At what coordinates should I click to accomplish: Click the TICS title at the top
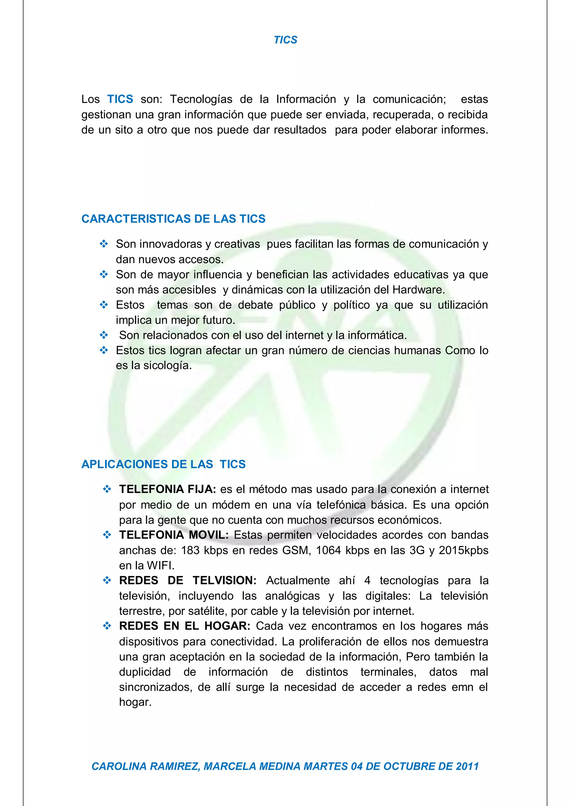(x=285, y=40)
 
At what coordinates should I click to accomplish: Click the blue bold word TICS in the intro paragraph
(x=120, y=99)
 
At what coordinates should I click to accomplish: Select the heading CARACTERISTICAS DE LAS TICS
(x=173, y=219)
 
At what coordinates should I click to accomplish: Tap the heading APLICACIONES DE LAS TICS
(x=163, y=464)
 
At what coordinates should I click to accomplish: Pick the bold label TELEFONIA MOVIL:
(x=173, y=535)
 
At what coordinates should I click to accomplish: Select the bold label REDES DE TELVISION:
(x=188, y=580)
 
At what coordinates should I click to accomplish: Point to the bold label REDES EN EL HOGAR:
(x=184, y=626)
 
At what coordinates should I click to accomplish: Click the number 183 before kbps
(x=190, y=550)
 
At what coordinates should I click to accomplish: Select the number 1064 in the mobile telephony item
(x=328, y=550)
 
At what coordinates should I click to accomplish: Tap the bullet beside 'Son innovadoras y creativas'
(x=104, y=244)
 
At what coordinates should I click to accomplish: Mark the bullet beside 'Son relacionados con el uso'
(x=104, y=335)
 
